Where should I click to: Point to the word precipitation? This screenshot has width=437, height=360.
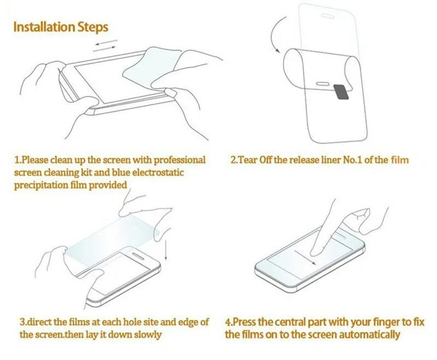42,185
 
